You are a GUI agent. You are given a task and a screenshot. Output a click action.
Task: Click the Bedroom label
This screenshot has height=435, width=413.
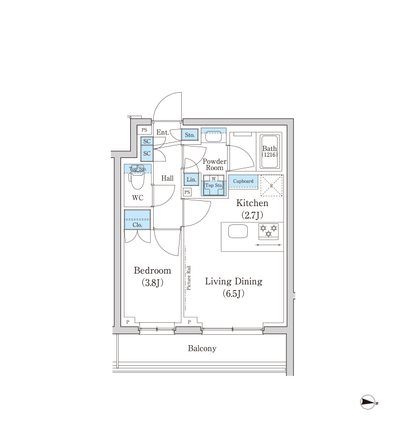[153, 271]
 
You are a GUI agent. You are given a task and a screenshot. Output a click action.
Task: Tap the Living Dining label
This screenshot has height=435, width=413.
[233, 281]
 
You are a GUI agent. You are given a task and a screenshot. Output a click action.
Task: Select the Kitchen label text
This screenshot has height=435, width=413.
[252, 203]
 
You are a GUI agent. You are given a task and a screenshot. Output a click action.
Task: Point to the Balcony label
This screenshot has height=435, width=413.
[202, 349]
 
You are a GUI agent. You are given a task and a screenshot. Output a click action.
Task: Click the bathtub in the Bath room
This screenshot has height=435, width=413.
[270, 152]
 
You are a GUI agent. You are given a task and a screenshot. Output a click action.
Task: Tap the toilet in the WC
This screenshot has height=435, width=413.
[138, 179]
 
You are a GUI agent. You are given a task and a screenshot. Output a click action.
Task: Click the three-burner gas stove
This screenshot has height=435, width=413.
[268, 231]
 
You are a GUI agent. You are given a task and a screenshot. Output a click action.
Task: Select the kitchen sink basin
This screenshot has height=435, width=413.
[238, 231]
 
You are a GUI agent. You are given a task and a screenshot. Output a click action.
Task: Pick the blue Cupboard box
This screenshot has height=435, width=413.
[243, 181]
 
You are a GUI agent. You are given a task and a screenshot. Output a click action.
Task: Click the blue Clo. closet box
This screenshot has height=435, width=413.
[138, 219]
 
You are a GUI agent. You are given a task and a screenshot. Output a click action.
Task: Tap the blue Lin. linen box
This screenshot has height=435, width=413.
[192, 180]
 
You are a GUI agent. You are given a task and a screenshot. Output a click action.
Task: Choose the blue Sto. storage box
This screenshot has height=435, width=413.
[190, 135]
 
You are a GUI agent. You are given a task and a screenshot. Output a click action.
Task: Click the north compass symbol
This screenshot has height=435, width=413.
[368, 402]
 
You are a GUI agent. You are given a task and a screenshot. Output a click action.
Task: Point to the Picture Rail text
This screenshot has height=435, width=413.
[189, 278]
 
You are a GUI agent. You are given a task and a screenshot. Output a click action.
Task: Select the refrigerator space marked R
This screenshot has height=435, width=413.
[271, 185]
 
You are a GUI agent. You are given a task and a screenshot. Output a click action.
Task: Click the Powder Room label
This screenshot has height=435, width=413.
[215, 164]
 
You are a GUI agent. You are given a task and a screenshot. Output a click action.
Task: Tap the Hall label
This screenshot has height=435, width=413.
[167, 178]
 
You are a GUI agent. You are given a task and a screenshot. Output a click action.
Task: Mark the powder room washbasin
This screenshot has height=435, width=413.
[213, 136]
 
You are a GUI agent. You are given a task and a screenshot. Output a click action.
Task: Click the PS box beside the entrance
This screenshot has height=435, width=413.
[144, 130]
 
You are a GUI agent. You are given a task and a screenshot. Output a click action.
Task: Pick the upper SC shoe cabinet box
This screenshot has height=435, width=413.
[147, 141]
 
